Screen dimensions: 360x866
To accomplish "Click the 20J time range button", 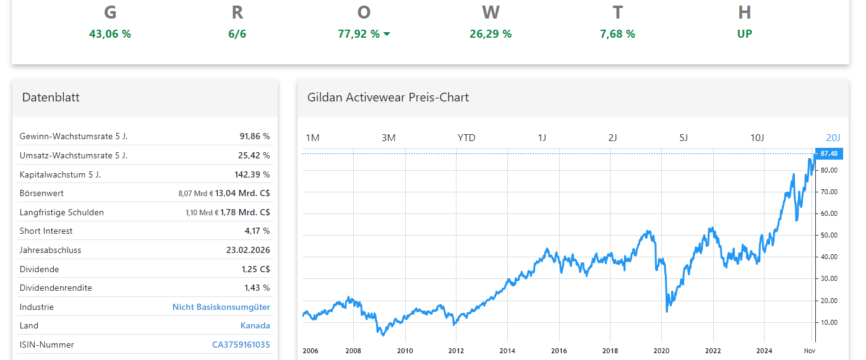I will [833, 137].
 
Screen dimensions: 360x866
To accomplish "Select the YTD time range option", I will [466, 137].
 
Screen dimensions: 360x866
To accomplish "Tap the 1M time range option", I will [313, 137].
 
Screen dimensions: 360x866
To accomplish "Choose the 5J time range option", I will [684, 137].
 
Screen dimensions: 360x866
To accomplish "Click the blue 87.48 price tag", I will [829, 153].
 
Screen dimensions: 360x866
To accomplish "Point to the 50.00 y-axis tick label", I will [828, 235].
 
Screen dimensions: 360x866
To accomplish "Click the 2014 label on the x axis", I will [507, 351].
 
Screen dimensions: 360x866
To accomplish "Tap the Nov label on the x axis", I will [809, 351].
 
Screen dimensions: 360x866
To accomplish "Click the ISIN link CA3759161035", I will [241, 345].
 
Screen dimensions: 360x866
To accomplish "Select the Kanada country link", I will [255, 325].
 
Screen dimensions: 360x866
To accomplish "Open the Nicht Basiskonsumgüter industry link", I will [221, 307].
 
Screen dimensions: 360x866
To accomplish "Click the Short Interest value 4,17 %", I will [257, 231].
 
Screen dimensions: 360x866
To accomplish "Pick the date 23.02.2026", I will [248, 250].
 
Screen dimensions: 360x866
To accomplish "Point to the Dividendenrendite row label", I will [56, 288].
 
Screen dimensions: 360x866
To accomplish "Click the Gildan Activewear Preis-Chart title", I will [388, 97].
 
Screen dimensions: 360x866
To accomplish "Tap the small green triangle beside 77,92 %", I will [387, 34].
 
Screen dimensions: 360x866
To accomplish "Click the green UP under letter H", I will [744, 34].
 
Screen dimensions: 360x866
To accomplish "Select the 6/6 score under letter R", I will [237, 34].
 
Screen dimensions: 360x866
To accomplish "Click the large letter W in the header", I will [491, 12].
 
